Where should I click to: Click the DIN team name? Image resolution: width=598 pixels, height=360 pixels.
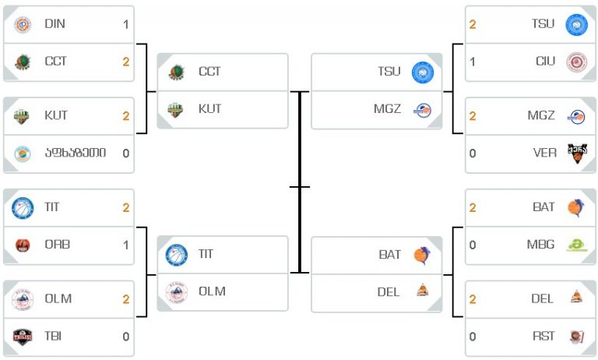point(55,23)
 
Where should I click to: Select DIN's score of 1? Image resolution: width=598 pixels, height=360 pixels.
point(126,25)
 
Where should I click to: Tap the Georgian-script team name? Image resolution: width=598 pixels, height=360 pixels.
point(76,153)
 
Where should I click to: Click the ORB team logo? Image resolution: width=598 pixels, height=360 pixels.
point(23,245)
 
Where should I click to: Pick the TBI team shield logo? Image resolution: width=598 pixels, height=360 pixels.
point(22,337)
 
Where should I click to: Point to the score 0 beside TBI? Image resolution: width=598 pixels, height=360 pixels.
point(126,337)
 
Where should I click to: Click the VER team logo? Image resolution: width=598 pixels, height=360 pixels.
point(577,153)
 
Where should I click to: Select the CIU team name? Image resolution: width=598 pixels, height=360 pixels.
point(545,61)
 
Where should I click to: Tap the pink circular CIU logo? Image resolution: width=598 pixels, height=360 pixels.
point(577,62)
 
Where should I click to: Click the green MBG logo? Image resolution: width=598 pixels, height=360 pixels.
point(577,245)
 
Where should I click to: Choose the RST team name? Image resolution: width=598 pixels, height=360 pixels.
point(543,337)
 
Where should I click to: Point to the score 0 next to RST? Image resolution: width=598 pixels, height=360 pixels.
point(473,337)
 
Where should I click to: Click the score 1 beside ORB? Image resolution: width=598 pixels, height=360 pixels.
point(126,245)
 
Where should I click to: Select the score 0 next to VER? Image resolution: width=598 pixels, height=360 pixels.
point(473,154)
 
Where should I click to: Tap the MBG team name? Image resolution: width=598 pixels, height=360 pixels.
point(540,245)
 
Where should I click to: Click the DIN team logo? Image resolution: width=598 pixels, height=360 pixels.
point(23,25)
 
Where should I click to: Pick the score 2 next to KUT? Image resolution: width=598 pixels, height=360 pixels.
point(126,116)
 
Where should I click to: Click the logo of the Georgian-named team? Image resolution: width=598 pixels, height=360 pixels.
point(23,154)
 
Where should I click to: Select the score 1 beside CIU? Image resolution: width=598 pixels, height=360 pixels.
point(473,62)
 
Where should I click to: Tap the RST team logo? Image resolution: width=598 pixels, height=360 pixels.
point(577,337)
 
